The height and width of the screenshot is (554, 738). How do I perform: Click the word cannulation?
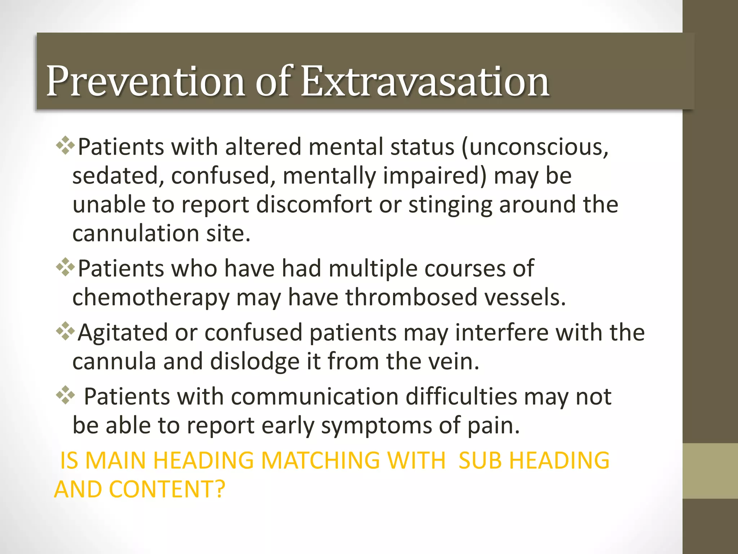click(135, 234)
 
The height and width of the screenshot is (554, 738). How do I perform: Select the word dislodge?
click(254, 362)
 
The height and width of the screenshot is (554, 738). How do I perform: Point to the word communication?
click(314, 397)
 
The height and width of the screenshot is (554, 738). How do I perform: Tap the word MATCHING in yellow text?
click(320, 461)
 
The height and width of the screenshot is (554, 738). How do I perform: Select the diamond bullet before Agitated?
click(66, 331)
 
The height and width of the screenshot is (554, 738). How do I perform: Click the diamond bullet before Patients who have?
click(66, 267)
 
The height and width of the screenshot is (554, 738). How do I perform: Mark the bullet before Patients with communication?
click(66, 395)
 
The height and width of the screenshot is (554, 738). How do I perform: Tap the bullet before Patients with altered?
click(66, 146)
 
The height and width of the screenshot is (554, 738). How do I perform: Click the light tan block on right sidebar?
click(710, 471)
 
